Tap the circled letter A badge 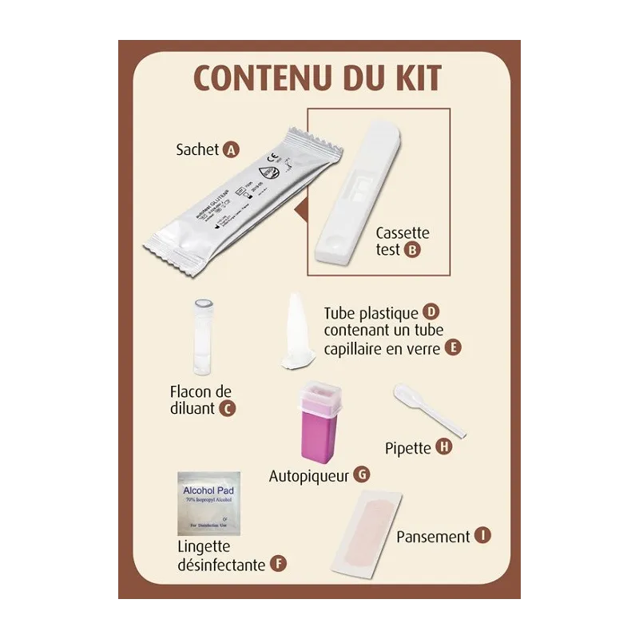point(232,150)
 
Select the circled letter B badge point(412,249)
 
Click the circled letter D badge point(432,312)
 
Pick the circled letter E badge point(453,347)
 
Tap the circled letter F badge point(277,564)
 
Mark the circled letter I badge point(482,536)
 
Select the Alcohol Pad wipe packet point(209,503)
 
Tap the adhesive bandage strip point(366,533)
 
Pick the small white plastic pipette point(427,410)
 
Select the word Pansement point(433,537)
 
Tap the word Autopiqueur point(309,475)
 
